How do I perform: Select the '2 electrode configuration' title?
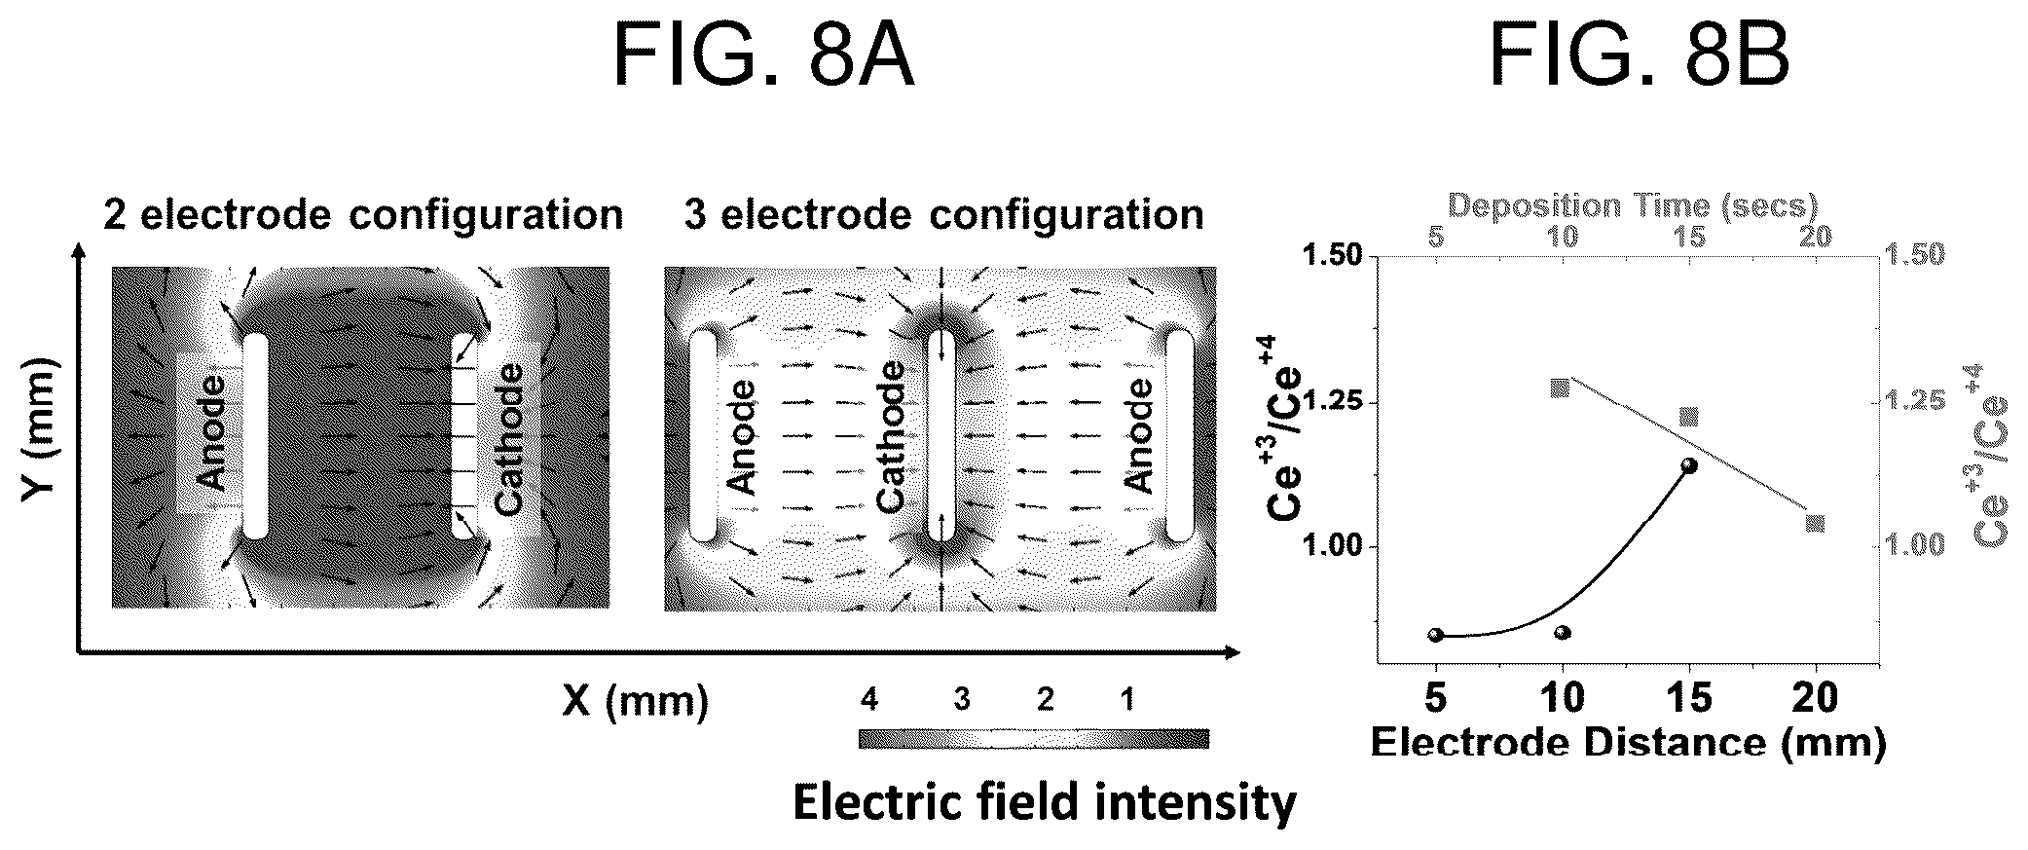click(363, 214)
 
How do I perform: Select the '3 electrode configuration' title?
click(943, 214)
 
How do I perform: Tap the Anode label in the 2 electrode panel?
click(211, 433)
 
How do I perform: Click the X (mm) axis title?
click(635, 701)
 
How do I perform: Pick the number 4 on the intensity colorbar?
click(869, 699)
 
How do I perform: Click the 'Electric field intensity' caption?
click(1045, 803)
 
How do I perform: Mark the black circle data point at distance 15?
click(1689, 465)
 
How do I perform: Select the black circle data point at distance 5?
click(1436, 635)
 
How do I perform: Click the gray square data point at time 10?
click(1560, 388)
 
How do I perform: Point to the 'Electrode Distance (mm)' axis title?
click(1628, 743)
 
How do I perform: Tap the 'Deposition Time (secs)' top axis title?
click(1633, 205)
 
